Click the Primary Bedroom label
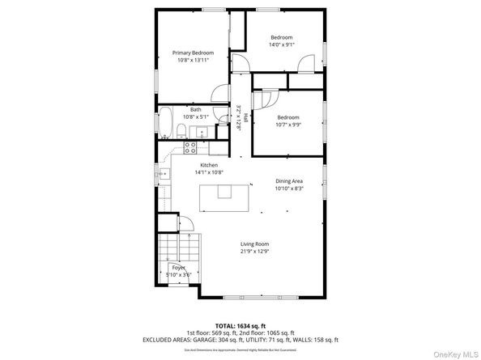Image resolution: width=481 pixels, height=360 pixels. click(193, 53)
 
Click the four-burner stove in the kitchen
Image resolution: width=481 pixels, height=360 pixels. click(190, 147)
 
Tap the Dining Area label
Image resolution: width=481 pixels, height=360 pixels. click(289, 180)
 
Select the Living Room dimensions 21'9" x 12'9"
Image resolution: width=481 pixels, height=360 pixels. click(254, 252)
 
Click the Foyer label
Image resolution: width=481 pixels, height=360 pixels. click(177, 267)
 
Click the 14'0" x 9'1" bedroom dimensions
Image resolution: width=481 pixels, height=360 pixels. click(282, 45)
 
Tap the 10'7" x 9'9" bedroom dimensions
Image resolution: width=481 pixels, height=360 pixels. click(288, 125)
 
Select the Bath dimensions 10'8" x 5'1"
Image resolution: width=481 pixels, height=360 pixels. click(195, 117)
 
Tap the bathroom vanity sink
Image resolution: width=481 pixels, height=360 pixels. click(202, 133)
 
